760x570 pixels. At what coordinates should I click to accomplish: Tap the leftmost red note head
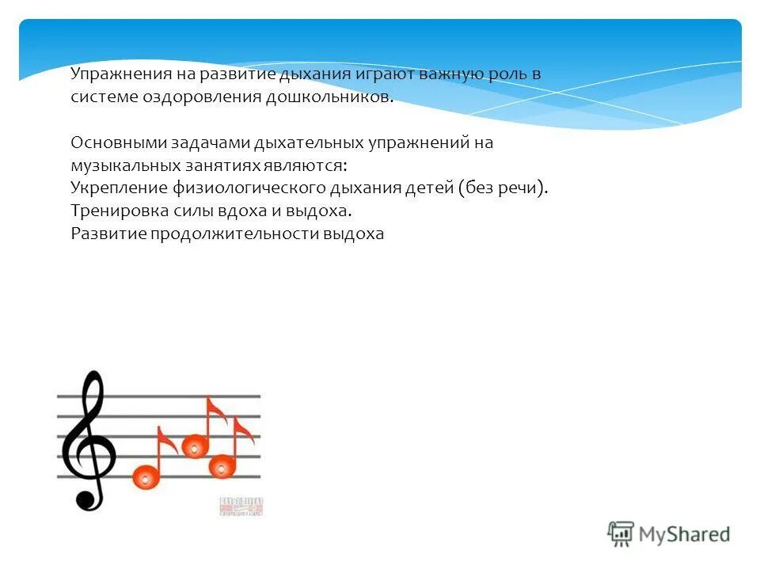145,476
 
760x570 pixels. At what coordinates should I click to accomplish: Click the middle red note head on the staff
194,446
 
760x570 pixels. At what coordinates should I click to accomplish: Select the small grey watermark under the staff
240,507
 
